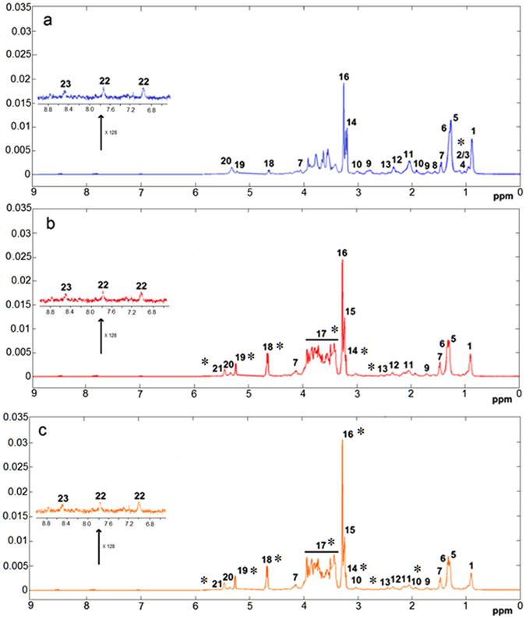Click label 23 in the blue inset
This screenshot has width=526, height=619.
click(65, 83)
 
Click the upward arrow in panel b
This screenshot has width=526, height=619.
click(101, 335)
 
